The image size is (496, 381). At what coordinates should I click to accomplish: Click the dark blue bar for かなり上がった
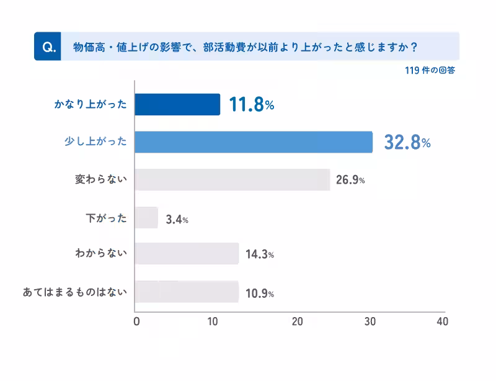coord(177,104)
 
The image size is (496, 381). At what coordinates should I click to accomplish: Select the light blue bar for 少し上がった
coord(254,142)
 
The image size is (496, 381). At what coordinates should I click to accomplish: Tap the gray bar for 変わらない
coord(232,179)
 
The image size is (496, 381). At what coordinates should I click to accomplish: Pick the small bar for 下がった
coord(146,217)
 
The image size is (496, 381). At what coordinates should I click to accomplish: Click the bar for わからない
coord(187,254)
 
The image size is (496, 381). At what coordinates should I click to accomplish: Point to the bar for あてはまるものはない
coord(187,292)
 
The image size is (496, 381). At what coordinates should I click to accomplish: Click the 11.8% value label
coord(251,105)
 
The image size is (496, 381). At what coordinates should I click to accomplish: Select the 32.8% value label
coord(407,143)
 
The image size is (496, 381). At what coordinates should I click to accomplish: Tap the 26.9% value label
coord(350,181)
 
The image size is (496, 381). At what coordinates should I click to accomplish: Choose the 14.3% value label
coord(259,255)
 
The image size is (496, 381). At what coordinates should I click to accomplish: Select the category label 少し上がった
coord(95,142)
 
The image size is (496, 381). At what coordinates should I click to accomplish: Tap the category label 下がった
coord(106,217)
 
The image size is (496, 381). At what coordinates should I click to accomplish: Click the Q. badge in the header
coord(48,47)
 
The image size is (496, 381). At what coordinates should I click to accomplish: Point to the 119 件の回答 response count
coord(430,71)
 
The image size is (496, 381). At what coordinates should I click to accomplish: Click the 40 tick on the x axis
coord(442,321)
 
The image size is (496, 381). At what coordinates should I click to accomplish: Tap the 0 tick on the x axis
coord(136,321)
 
